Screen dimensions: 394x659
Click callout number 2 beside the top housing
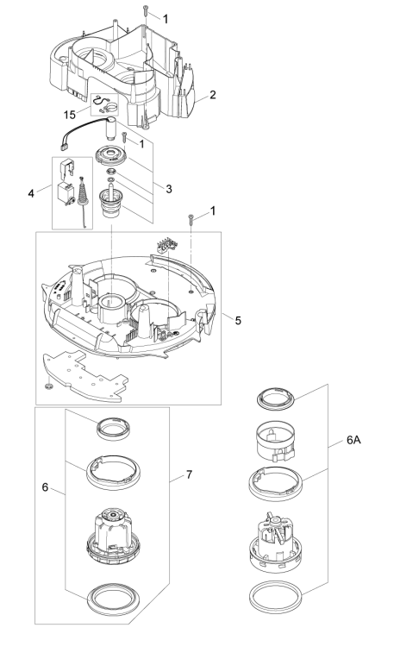click(x=213, y=95)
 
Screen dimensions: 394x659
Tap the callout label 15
click(x=70, y=115)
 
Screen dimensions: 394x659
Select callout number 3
click(x=169, y=189)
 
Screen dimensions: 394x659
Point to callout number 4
click(x=31, y=194)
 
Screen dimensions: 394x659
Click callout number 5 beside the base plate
click(x=238, y=321)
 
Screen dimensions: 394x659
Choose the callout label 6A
click(x=353, y=440)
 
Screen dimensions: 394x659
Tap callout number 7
click(x=189, y=474)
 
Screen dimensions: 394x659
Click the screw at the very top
click(x=145, y=11)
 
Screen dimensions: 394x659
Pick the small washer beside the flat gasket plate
click(x=48, y=386)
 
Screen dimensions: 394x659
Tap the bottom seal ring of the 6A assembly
click(x=276, y=596)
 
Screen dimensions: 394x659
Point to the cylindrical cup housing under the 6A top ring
click(x=276, y=442)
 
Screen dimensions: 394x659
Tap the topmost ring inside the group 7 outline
click(x=113, y=429)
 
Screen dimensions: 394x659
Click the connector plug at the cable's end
click(x=65, y=147)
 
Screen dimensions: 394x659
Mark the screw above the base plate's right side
click(x=191, y=219)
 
